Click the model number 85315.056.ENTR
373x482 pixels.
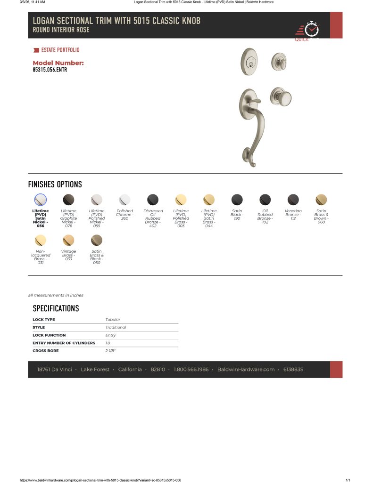click(50, 70)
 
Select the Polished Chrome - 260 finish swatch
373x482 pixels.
click(124, 200)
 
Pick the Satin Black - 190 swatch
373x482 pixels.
click(237, 200)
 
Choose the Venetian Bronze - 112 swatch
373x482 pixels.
click(293, 200)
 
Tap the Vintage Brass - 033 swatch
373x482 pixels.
click(68, 240)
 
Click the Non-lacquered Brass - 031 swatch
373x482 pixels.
click(41, 240)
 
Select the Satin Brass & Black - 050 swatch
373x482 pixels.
click(97, 240)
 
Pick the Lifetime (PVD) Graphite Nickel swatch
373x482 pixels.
click(68, 200)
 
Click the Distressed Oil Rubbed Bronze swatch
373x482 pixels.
click(153, 200)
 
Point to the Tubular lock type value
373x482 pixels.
click(113, 320)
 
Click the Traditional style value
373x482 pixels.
click(116, 327)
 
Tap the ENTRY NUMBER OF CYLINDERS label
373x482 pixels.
click(64, 343)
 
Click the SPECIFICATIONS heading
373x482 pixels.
click(56, 309)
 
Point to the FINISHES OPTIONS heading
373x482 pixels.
click(55, 185)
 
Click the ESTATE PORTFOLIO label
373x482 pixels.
click(60, 50)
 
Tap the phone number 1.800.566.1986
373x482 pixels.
click(191, 370)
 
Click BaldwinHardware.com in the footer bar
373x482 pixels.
click(246, 370)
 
